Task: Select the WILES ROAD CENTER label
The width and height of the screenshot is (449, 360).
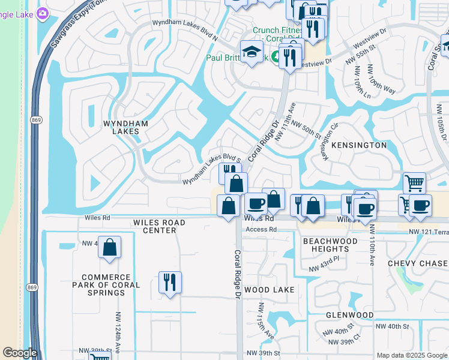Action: pos(159,226)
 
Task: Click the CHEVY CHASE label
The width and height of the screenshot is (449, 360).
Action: pos(418,263)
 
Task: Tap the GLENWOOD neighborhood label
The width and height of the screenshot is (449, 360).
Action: pos(349,314)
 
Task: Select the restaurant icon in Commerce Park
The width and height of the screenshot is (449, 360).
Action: pos(170,282)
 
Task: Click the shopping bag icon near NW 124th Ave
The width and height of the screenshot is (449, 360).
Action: pos(110,247)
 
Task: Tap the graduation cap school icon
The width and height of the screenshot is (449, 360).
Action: pos(252,52)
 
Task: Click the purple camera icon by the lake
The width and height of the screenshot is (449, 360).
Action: pos(43,14)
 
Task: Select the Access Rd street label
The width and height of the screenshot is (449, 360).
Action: pos(261,229)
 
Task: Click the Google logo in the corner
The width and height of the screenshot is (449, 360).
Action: pos(20,353)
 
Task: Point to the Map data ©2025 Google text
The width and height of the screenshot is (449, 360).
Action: pos(412,355)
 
